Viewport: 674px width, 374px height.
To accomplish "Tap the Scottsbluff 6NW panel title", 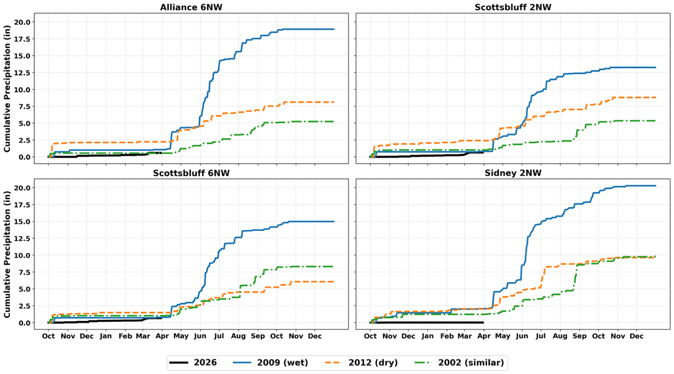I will coord(191,173).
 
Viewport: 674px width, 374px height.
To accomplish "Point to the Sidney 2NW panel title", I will coord(513,173).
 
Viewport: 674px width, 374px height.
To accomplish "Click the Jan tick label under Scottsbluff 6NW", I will coord(105,336).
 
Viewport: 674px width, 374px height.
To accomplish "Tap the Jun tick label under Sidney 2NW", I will coord(522,336).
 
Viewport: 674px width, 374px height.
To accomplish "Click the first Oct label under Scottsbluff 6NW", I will coord(48,336).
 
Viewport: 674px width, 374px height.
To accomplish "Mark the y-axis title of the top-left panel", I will coord(7,89).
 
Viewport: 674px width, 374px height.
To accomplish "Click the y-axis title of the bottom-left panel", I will coord(7,255).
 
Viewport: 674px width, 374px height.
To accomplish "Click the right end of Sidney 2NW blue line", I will coord(656,186).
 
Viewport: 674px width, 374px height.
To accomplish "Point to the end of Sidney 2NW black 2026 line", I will coord(483,323).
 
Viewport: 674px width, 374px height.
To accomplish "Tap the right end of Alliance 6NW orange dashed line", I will coord(334,102).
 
